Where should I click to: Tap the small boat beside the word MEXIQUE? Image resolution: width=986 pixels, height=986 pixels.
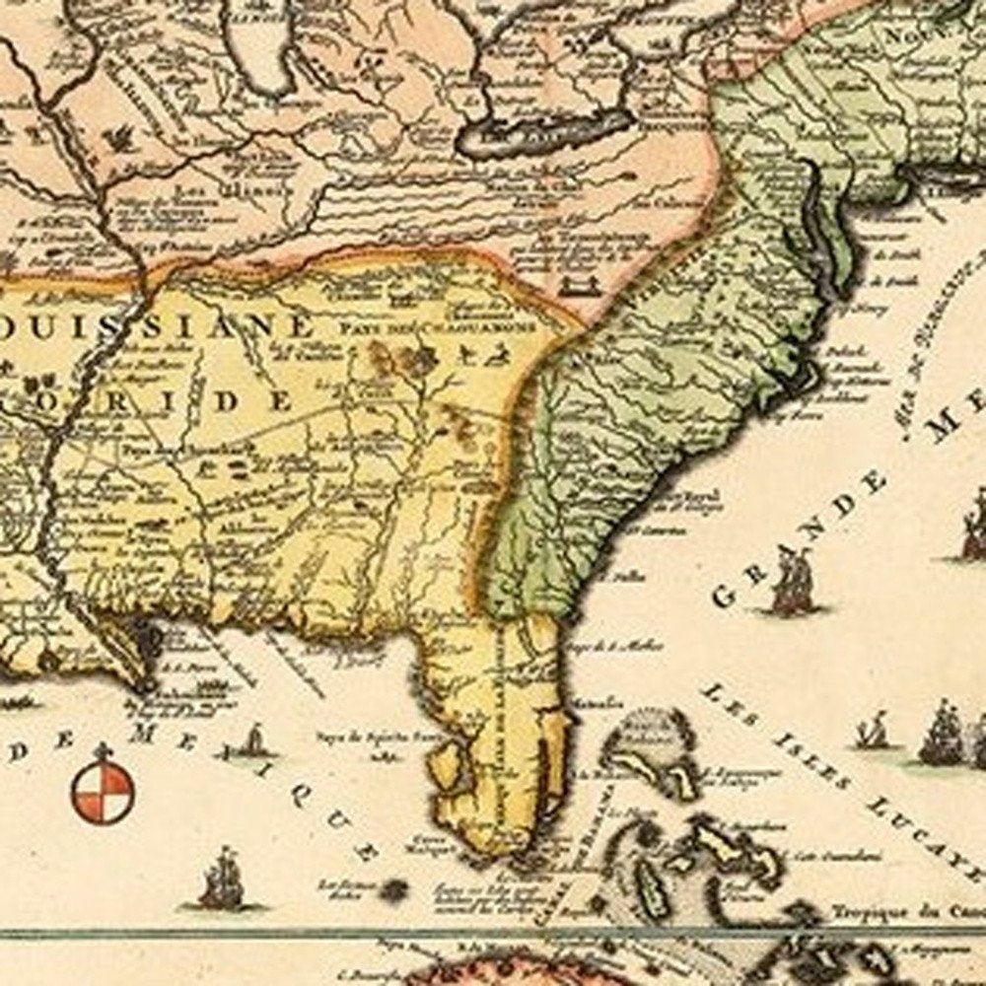(254, 741)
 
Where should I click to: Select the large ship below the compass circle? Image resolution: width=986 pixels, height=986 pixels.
(221, 880)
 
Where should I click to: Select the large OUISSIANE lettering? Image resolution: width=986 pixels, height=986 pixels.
(158, 324)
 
